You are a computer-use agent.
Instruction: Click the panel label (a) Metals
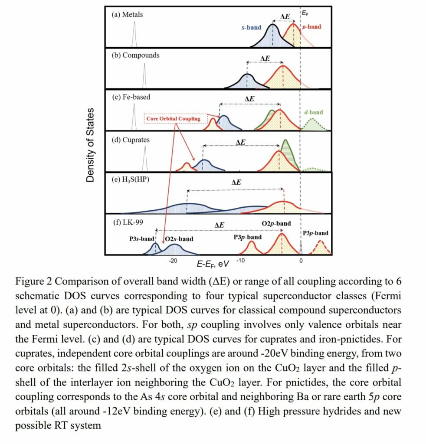click(128, 14)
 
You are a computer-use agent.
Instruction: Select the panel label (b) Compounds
click(136, 55)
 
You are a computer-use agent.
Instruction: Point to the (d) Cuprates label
click(131, 140)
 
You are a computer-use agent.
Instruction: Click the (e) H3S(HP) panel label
click(131, 179)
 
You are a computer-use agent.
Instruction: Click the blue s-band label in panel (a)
click(251, 27)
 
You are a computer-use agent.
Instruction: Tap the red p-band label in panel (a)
click(312, 27)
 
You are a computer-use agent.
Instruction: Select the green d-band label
click(314, 112)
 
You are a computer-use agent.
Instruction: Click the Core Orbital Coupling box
click(174, 119)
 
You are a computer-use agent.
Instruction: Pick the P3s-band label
click(142, 238)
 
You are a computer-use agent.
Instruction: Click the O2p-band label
click(276, 224)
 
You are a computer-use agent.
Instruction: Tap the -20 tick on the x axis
click(173, 261)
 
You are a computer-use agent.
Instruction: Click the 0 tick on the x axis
click(301, 261)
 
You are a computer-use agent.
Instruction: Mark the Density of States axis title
click(91, 145)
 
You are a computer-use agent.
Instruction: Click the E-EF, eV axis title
click(213, 264)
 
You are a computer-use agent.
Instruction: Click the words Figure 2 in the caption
click(34, 281)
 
